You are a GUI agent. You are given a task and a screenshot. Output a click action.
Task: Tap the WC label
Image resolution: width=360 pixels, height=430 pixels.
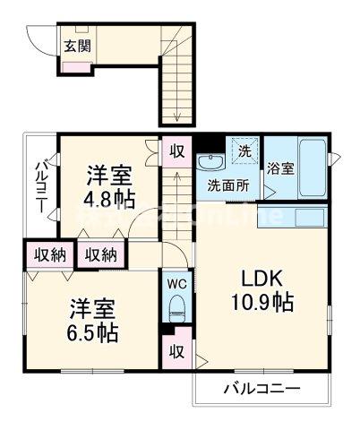[176, 282]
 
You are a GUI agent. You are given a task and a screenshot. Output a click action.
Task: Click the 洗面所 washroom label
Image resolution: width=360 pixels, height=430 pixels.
[228, 187]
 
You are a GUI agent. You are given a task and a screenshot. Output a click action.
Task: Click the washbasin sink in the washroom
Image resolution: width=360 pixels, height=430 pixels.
[211, 163]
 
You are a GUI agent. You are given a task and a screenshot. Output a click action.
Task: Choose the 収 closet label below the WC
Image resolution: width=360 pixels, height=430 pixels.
[176, 350]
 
